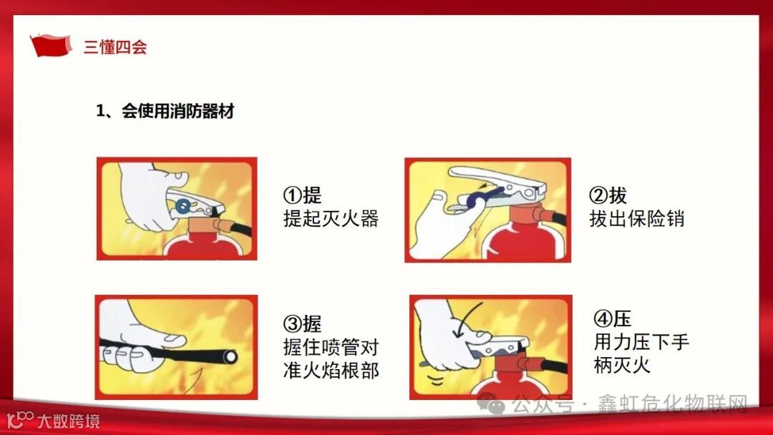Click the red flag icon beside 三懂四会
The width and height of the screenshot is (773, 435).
click(x=50, y=45)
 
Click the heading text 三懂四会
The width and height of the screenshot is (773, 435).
click(x=115, y=47)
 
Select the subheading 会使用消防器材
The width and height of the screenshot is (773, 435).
click(x=178, y=111)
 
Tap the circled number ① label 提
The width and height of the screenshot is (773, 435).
click(x=302, y=195)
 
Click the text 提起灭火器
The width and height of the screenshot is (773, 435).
click(x=331, y=218)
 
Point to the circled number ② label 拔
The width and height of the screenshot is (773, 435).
click(x=608, y=195)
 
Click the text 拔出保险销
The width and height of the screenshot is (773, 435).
click(x=637, y=218)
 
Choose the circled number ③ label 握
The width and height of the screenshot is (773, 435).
click(x=302, y=323)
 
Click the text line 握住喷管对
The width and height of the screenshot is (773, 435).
click(x=331, y=347)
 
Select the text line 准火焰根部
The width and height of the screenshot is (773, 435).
click(x=331, y=370)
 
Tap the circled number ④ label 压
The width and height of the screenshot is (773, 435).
click(x=612, y=318)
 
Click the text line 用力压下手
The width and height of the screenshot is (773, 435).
click(x=641, y=341)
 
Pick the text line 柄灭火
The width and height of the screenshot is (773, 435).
click(x=622, y=365)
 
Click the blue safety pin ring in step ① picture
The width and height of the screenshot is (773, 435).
click(x=183, y=206)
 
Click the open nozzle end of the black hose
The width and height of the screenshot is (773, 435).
click(x=230, y=357)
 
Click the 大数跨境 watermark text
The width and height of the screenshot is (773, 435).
click(x=69, y=421)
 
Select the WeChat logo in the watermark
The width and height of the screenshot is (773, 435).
click(x=490, y=404)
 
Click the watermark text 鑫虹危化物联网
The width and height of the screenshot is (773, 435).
click(x=673, y=404)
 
